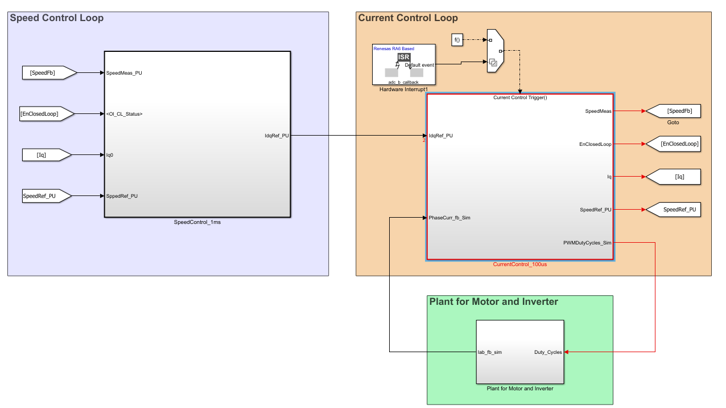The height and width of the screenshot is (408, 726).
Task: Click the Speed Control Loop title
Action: click(x=57, y=18)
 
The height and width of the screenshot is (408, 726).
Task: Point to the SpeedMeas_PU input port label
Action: click(x=124, y=73)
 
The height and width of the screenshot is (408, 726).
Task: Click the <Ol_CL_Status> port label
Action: click(x=124, y=114)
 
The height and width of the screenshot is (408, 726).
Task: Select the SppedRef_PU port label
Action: click(x=122, y=196)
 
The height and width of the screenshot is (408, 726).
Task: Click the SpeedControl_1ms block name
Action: click(x=197, y=222)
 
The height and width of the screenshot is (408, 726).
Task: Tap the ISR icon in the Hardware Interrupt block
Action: click(x=403, y=57)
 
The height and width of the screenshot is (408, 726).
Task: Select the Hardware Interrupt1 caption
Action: click(x=403, y=89)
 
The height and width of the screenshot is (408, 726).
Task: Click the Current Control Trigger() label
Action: click(x=519, y=97)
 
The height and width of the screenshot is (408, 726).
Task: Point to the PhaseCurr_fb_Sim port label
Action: click(x=449, y=218)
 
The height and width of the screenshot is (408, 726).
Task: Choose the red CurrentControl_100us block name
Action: click(x=519, y=265)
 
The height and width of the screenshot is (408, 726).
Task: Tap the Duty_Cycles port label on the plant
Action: click(x=547, y=352)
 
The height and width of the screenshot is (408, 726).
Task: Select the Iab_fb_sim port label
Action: click(x=489, y=352)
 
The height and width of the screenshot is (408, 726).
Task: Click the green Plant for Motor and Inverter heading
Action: click(x=493, y=302)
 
